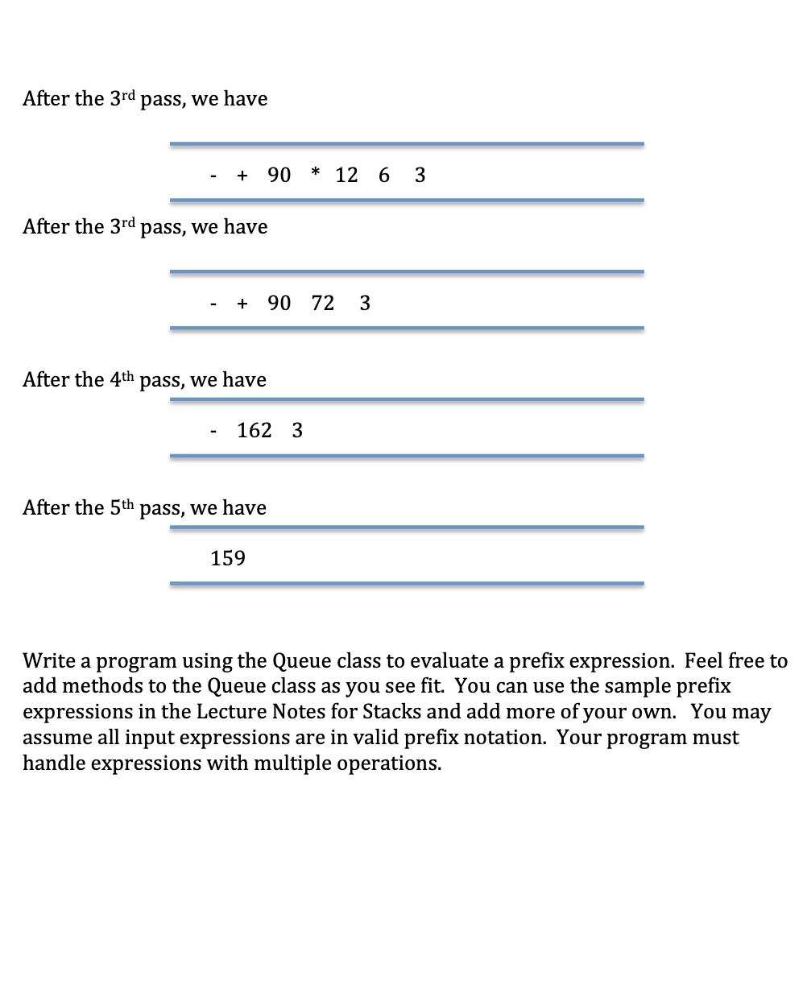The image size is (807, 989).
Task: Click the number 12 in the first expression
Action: pos(346,176)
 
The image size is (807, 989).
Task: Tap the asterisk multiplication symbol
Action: pos(316,174)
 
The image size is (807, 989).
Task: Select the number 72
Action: pos(322,304)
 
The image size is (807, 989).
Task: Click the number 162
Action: pos(255,431)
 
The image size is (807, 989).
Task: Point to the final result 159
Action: pos(228,559)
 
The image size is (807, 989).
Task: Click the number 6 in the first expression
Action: pos(384,176)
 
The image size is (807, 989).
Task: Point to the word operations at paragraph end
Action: pos(389,764)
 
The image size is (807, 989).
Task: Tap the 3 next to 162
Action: pos(297,431)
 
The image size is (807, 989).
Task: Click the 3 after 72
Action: pos(365,304)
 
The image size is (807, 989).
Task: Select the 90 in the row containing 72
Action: pos(279,304)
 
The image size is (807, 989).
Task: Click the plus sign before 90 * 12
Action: pos(242,176)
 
